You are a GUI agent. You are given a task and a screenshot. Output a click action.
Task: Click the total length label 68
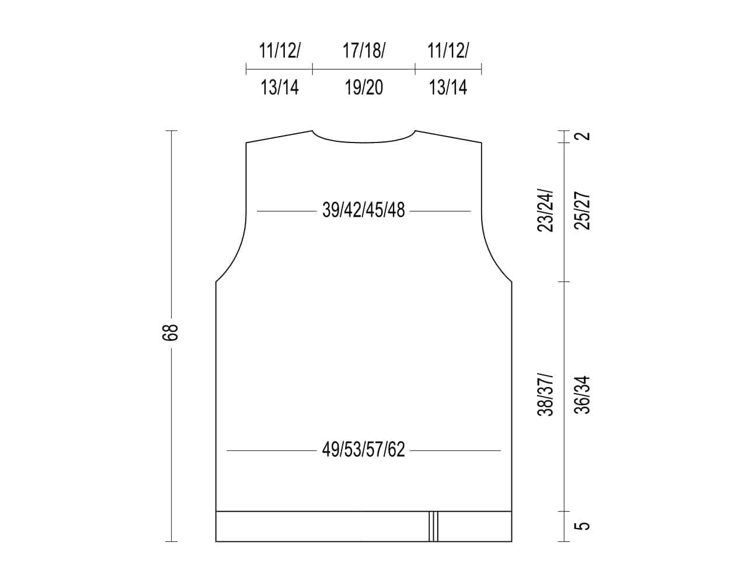(x=170, y=332)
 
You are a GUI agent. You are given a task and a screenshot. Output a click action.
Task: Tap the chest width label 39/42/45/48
(x=364, y=210)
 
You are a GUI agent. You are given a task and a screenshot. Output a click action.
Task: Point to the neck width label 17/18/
(x=364, y=50)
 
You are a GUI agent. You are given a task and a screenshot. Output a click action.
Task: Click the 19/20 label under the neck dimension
(x=364, y=88)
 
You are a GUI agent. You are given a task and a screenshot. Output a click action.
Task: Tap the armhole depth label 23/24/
(x=545, y=210)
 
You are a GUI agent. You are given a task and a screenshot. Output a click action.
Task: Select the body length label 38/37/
(x=545, y=395)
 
